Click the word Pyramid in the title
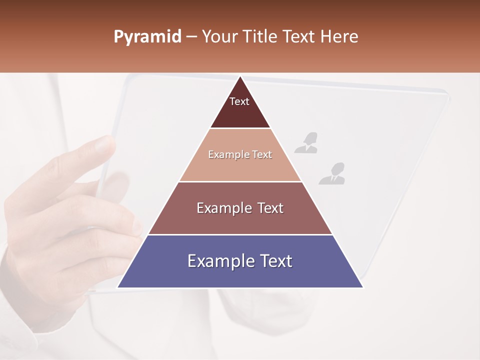click(147, 37)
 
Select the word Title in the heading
click(260, 37)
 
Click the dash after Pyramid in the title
click(191, 37)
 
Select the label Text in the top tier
click(239, 101)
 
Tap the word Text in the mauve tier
click(268, 208)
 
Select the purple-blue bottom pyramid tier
click(240, 275)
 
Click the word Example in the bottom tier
click(217, 261)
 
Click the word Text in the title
click(299, 37)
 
